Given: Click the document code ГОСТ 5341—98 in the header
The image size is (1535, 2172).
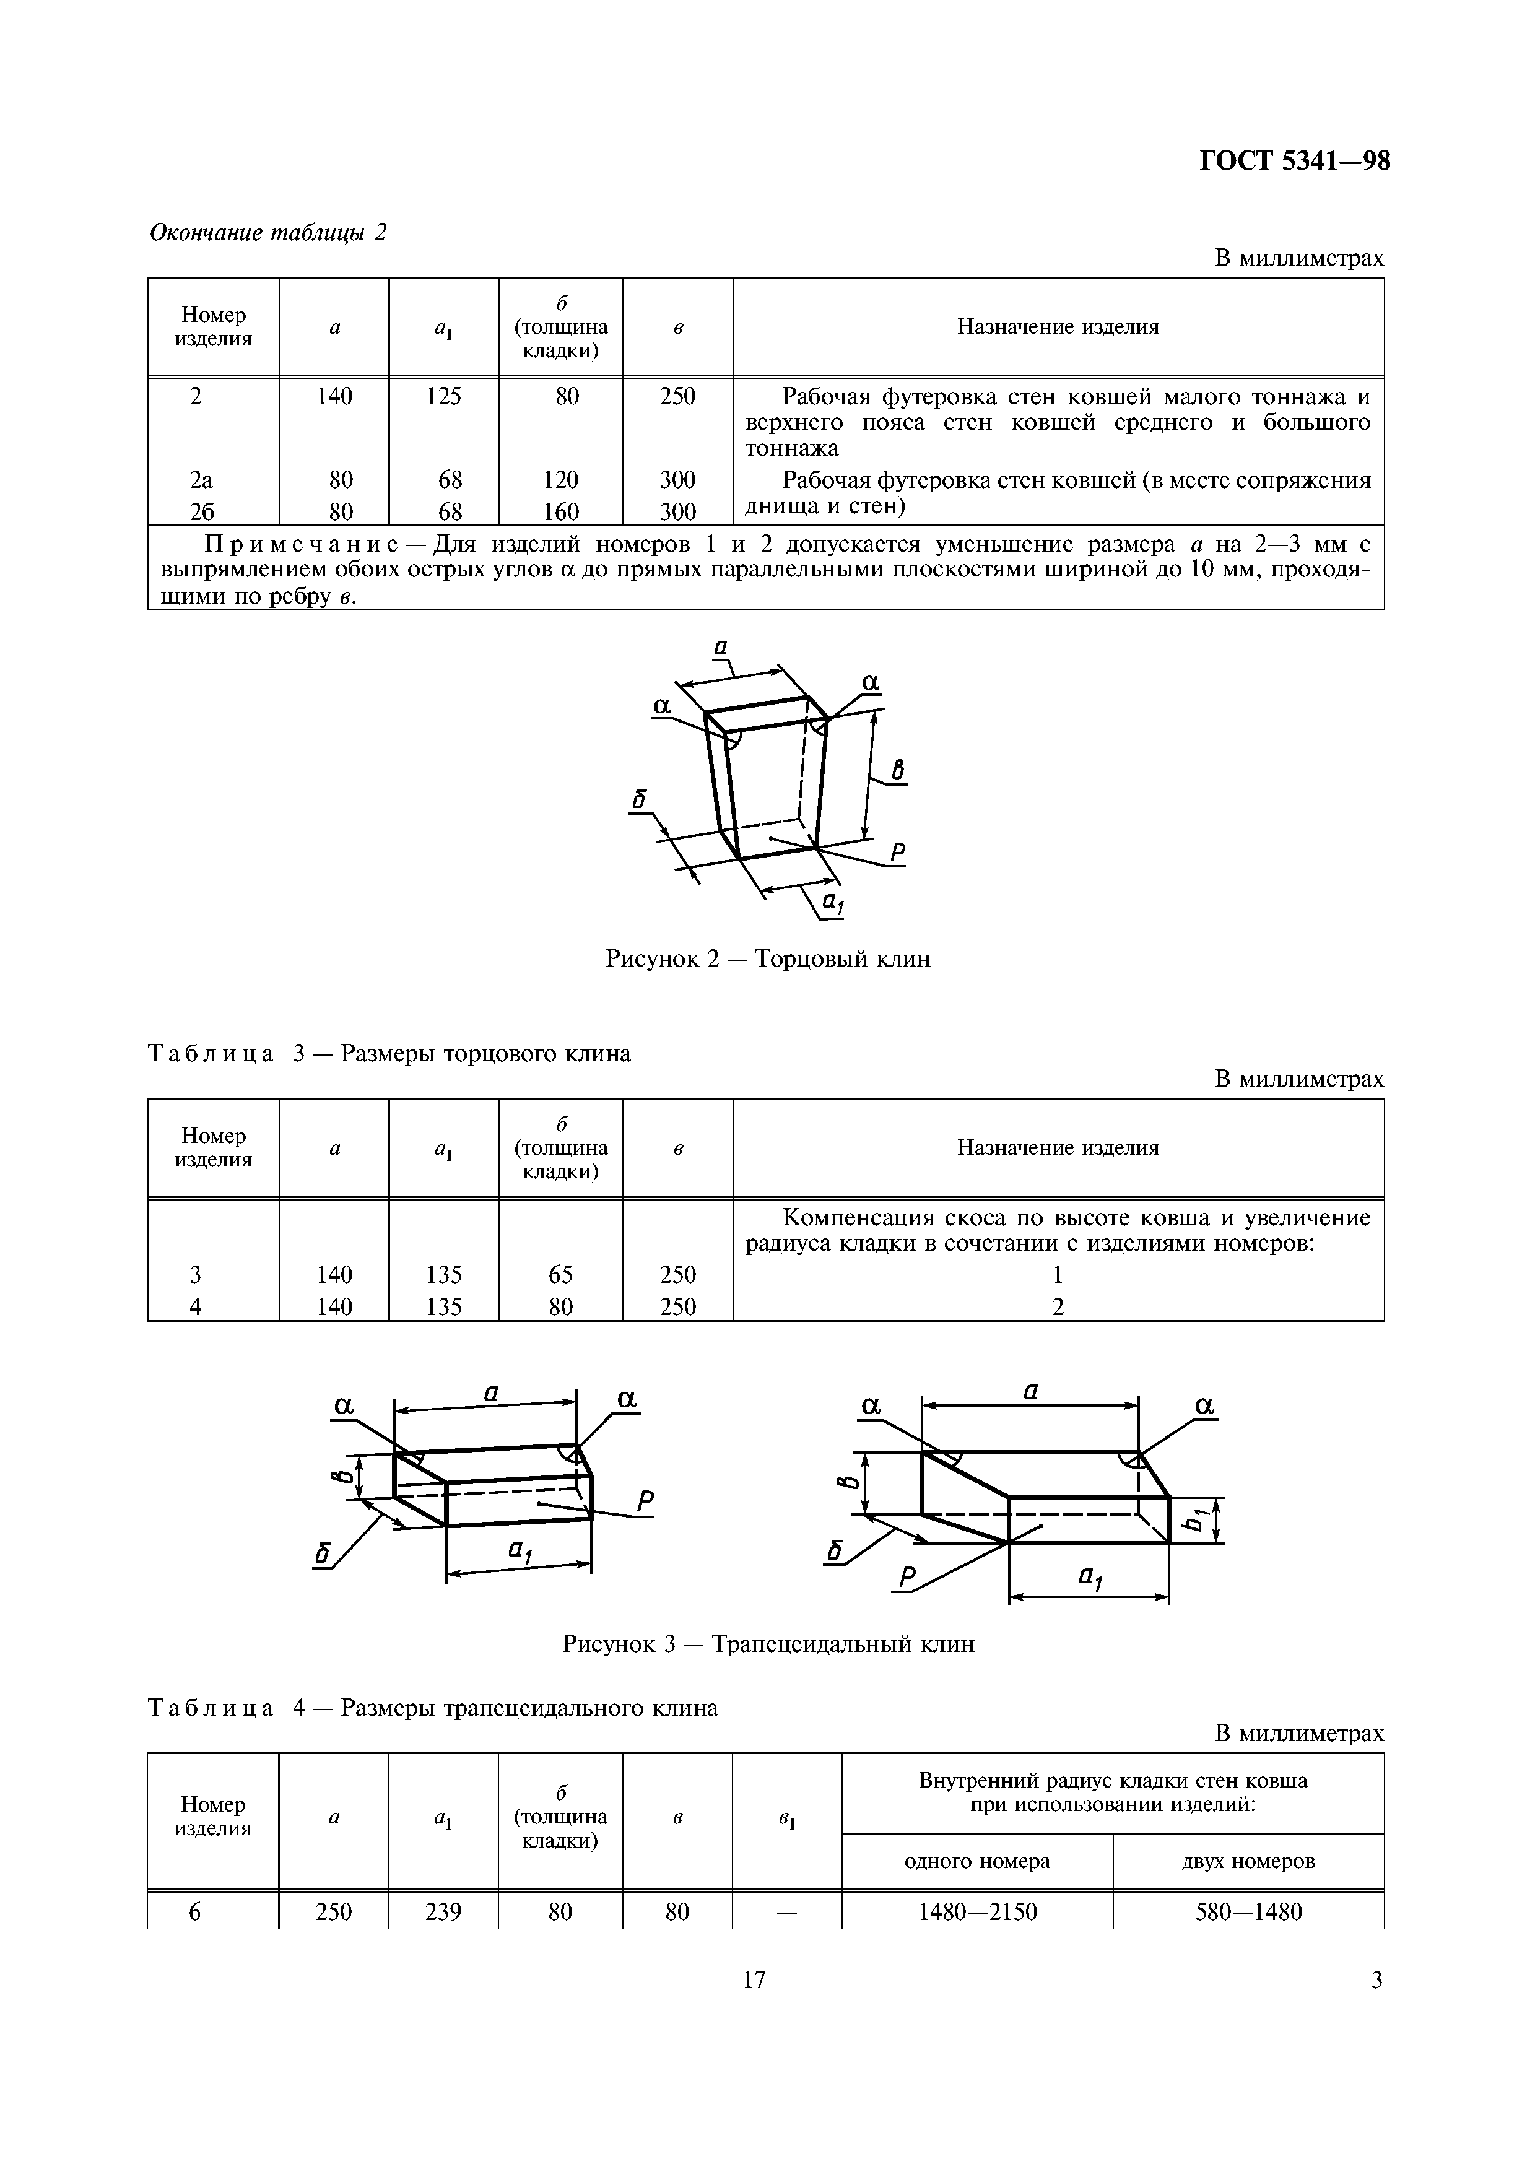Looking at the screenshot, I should pyautogui.click(x=1295, y=162).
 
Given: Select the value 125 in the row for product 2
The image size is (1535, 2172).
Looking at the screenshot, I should pyautogui.click(x=443, y=396).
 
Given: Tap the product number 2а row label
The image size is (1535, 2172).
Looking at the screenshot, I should pyautogui.click(x=201, y=480).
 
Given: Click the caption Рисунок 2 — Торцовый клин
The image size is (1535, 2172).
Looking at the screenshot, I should pyautogui.click(x=767, y=959).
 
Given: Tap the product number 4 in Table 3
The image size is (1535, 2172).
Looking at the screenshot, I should pyautogui.click(x=195, y=1306).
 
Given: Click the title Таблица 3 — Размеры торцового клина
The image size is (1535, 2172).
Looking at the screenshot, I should pyautogui.click(x=389, y=1054).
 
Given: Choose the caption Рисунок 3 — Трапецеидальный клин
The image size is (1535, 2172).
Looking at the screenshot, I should pyautogui.click(x=767, y=1644).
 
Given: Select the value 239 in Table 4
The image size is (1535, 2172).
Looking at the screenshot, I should pyautogui.click(x=443, y=1913).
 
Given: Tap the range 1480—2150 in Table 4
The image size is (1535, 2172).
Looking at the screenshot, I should pyautogui.click(x=977, y=1913).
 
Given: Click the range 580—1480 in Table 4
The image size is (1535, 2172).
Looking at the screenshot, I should pyautogui.click(x=1248, y=1913).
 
